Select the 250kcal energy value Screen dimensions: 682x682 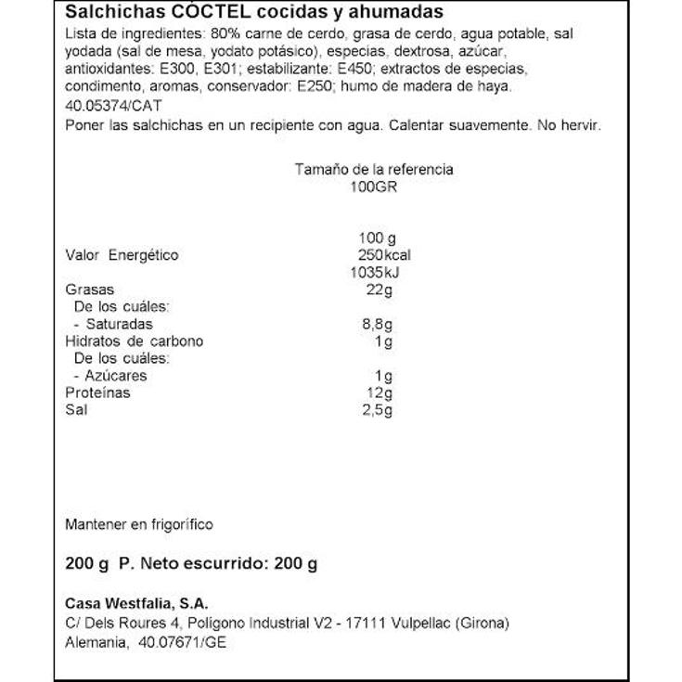pyautogui.click(x=384, y=255)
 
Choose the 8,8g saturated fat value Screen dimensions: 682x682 pyautogui.click(x=376, y=324)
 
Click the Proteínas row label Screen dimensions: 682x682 pyautogui.click(x=97, y=392)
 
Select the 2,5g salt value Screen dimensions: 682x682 pyautogui.click(x=376, y=410)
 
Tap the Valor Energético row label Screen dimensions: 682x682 pyautogui.click(x=121, y=255)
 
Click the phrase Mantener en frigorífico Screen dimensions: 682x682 pyautogui.click(x=139, y=524)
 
